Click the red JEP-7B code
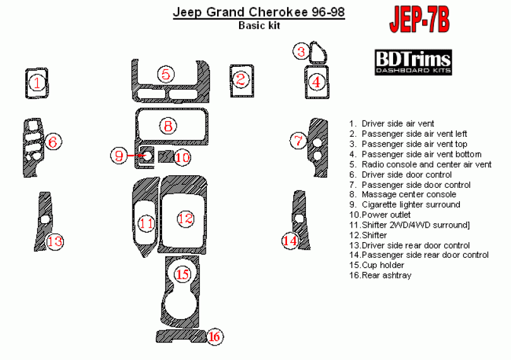419,21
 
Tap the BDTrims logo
413,62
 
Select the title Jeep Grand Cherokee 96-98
259,12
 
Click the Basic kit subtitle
259,25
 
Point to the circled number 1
37,83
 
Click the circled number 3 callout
303,52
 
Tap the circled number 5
165,74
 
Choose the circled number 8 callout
168,125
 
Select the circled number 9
120,155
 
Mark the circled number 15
183,274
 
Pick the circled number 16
214,337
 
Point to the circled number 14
290,240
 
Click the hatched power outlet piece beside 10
165,155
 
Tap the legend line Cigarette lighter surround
410,205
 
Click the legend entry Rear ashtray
379,276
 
